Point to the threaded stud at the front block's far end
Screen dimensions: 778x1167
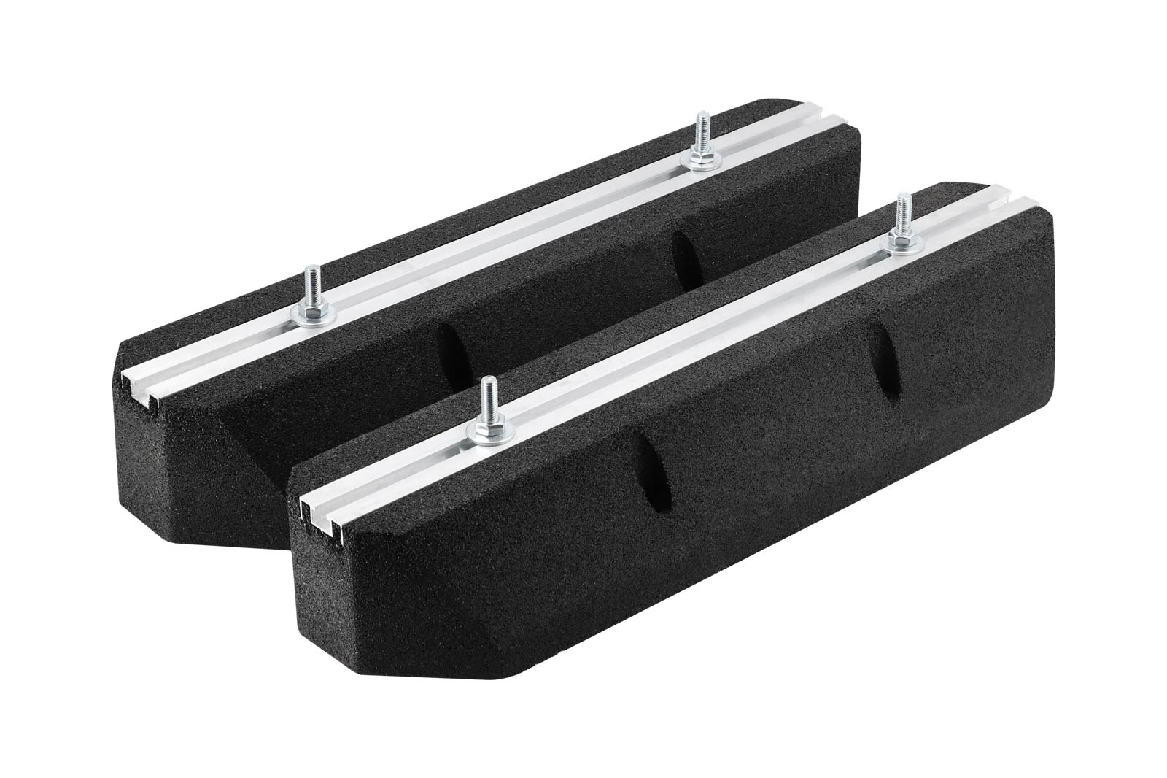click(903, 212)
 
